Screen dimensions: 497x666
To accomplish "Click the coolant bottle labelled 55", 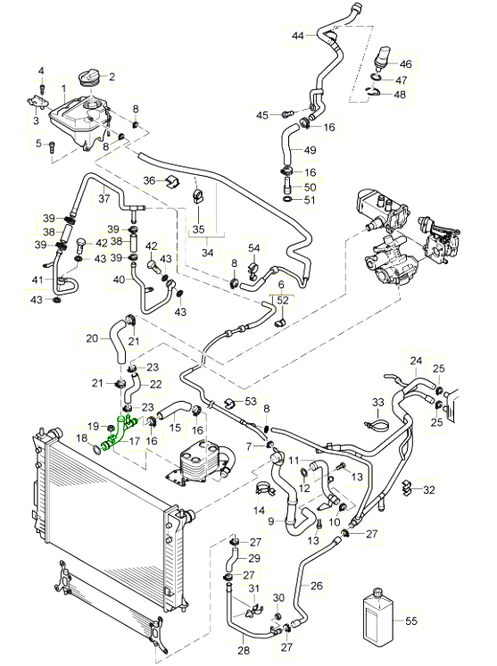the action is (378, 621).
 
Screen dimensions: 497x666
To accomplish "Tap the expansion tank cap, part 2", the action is (90, 79).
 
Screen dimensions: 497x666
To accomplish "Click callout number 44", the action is (298, 35).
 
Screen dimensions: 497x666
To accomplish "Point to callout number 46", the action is (406, 63).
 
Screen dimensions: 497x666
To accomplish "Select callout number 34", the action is (208, 253).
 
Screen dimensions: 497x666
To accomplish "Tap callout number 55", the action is (411, 621).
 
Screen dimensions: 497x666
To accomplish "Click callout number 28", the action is (244, 650).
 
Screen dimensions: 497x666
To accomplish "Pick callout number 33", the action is (377, 402).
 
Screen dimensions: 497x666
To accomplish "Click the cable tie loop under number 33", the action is (377, 424).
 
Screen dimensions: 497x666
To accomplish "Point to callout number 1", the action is (63, 88).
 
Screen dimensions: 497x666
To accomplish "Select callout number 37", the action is (104, 198).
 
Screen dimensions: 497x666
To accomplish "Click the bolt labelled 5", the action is (52, 146).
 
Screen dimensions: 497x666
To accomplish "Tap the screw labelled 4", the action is (42, 88).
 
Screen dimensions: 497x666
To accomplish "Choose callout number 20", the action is (92, 338).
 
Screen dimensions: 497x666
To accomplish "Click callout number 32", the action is (429, 490).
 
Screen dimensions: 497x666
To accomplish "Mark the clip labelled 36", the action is (172, 181).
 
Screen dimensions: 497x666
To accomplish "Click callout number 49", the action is (311, 150).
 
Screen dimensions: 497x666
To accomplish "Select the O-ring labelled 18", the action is (97, 449).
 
